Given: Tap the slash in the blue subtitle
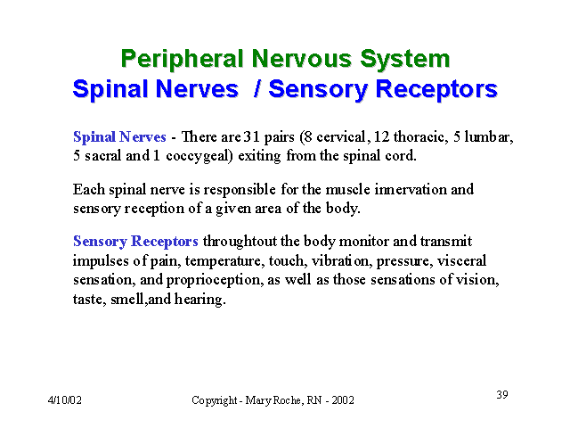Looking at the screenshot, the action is pos(257,89).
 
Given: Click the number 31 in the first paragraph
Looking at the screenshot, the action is pos(251,136).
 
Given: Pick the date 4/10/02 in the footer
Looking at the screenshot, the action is pos(65,400).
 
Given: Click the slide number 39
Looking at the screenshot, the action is pos(502,394).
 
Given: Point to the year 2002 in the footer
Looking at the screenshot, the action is pos(342,400).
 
